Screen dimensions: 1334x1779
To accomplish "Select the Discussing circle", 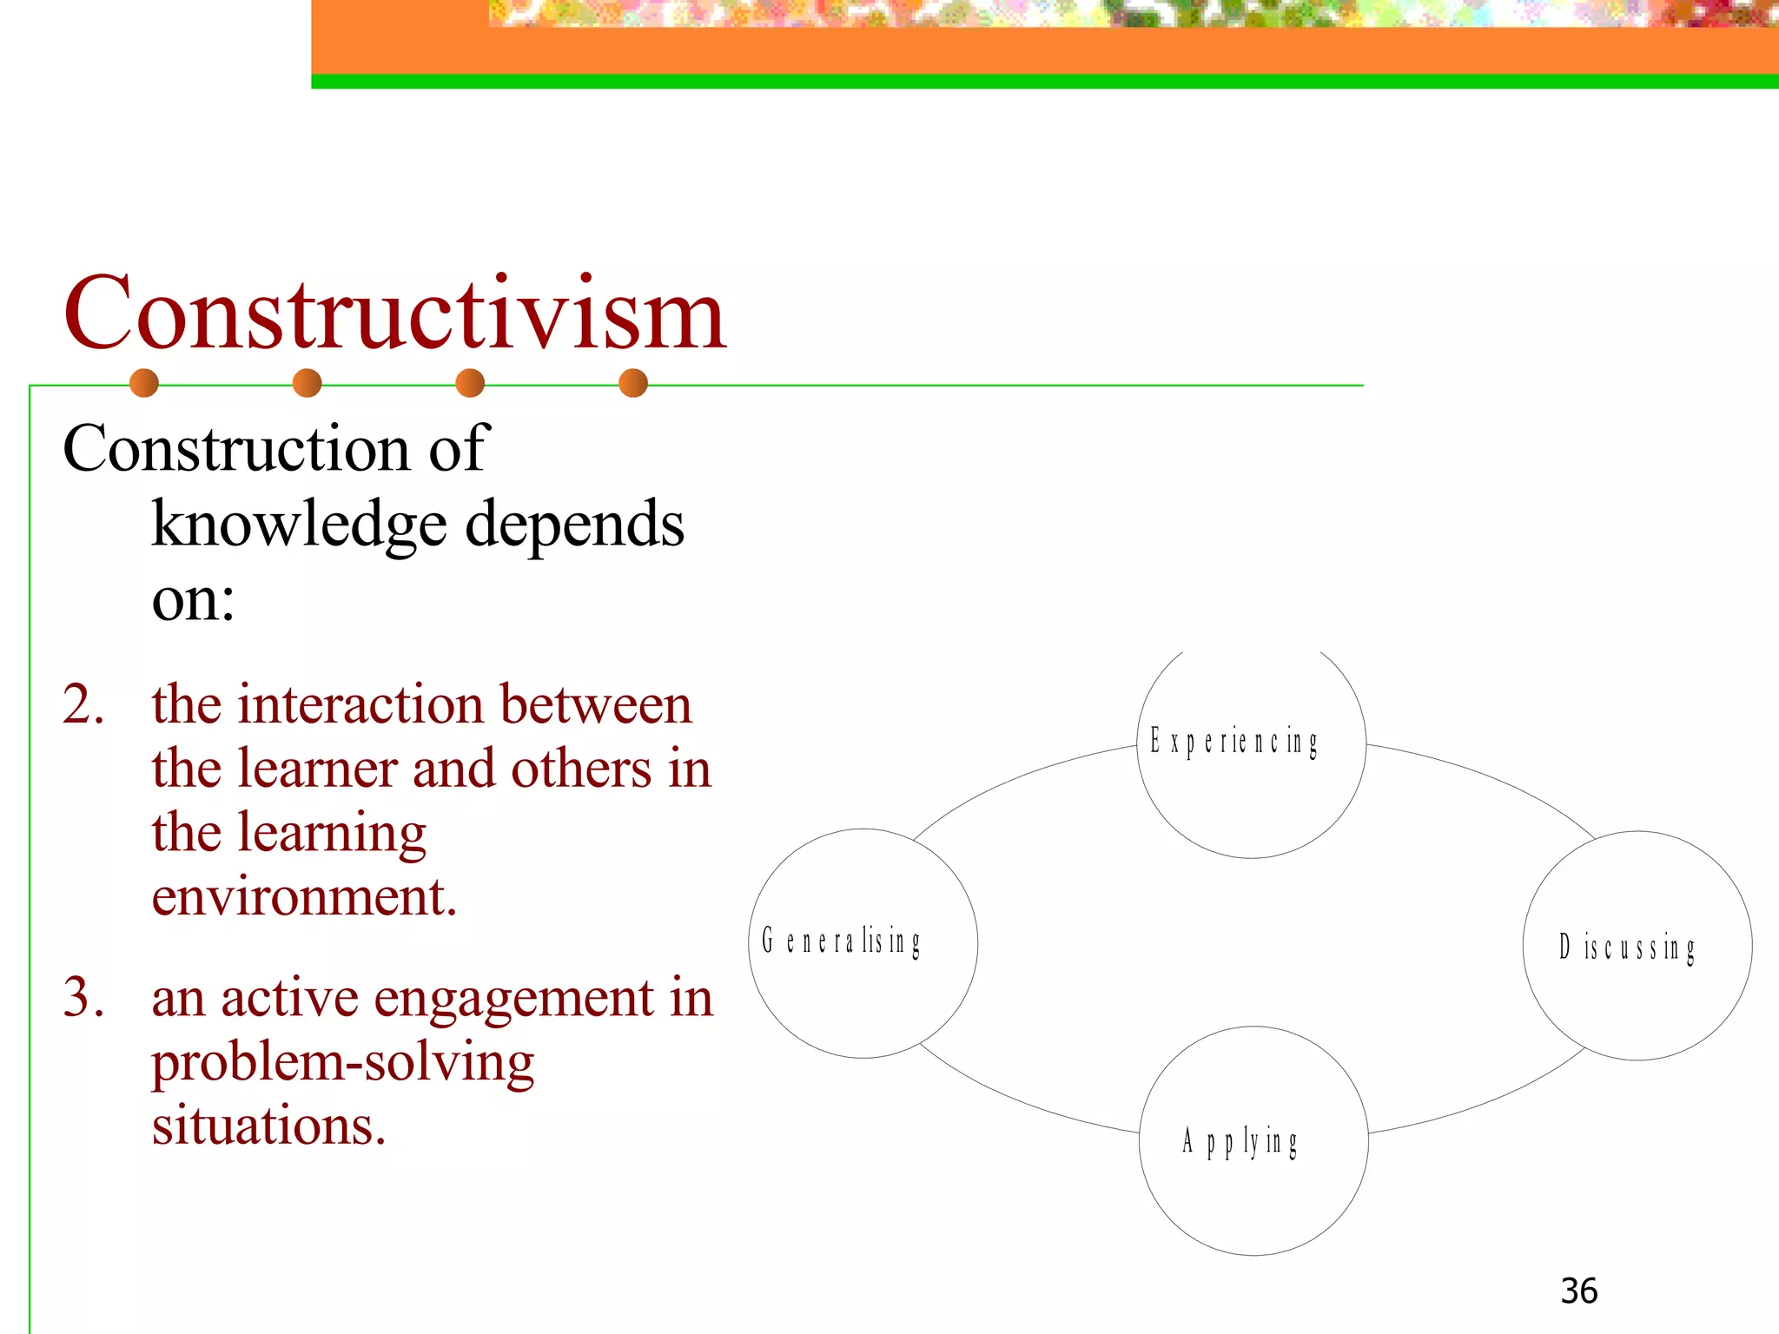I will pyautogui.click(x=1637, y=946).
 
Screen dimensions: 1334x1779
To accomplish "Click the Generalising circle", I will pyautogui.click(x=863, y=943).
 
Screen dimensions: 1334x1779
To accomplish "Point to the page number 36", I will pyautogui.click(x=1578, y=1291).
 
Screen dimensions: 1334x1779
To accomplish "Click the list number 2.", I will pyautogui.click(x=83, y=703).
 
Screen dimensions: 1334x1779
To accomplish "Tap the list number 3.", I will pyautogui.click(x=83, y=997).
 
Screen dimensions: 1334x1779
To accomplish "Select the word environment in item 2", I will pyautogui.click(x=304, y=896).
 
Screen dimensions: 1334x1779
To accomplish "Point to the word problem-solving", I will pyautogui.click(x=343, y=1062).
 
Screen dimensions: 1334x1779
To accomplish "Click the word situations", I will pyautogui.click(x=268, y=1126).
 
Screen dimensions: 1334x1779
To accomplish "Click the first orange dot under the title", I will pyautogui.click(x=144, y=383).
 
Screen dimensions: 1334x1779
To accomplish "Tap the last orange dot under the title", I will pyautogui.click(x=633, y=383).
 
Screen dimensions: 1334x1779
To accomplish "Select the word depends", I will pyautogui.click(x=575, y=525).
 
